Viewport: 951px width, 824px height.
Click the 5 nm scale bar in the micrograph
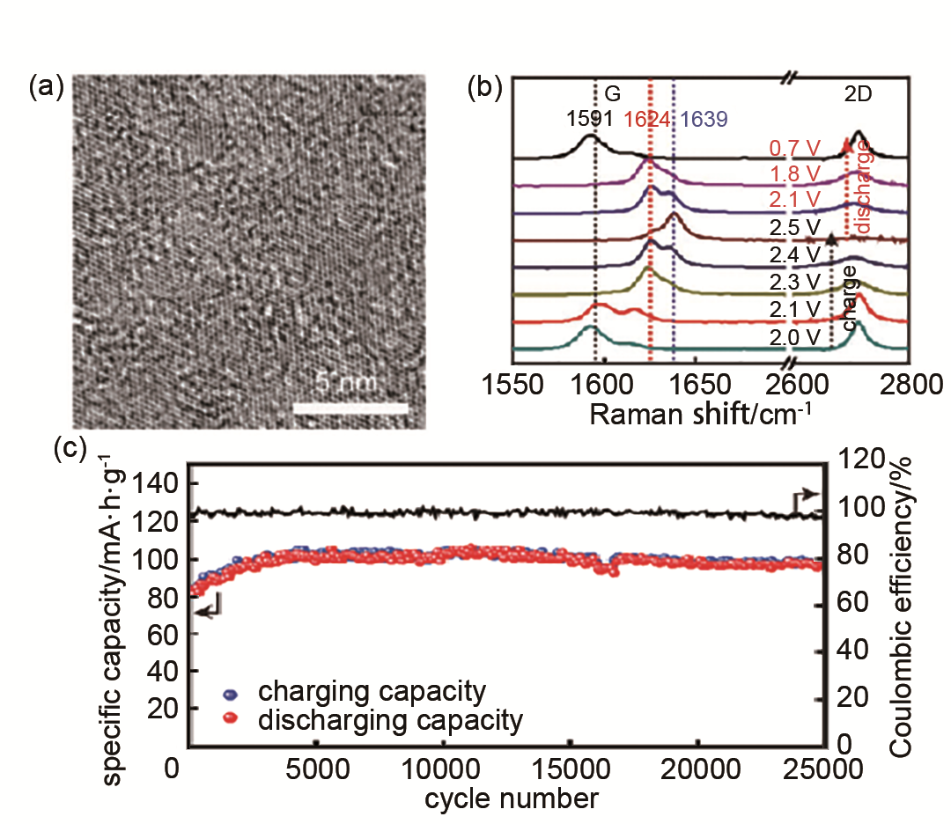tap(350, 408)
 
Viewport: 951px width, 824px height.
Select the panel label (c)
tap(70, 448)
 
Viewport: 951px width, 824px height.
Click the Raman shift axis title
tap(700, 414)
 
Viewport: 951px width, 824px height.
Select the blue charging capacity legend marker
tap(230, 693)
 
